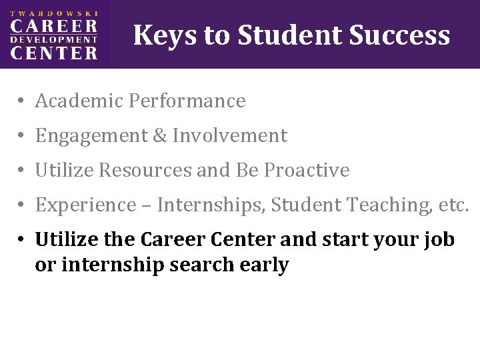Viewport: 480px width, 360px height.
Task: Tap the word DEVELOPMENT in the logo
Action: (54, 39)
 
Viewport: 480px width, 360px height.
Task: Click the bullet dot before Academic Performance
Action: (22, 101)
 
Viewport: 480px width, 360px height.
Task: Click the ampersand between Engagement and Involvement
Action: (160, 136)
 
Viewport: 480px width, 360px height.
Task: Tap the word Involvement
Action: (230, 136)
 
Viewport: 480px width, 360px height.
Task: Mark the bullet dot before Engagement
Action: (22, 137)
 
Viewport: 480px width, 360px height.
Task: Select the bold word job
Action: (440, 240)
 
